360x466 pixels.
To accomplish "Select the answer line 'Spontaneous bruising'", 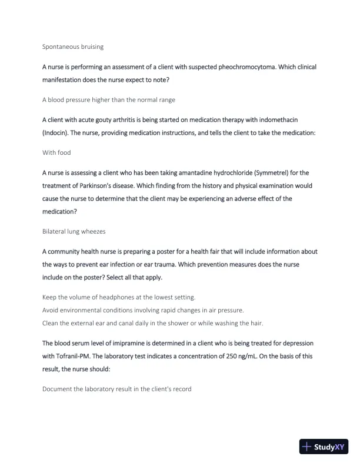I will (x=73, y=46).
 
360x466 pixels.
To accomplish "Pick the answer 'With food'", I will (x=56, y=152).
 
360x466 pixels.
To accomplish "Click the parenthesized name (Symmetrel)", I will (x=271, y=173).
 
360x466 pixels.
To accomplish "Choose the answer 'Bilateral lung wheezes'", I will (x=74, y=232).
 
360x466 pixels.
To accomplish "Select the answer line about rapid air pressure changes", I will (x=143, y=309).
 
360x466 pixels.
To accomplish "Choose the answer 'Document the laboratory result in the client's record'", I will (x=116, y=389).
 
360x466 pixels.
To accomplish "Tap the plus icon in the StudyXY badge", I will (x=306, y=447).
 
